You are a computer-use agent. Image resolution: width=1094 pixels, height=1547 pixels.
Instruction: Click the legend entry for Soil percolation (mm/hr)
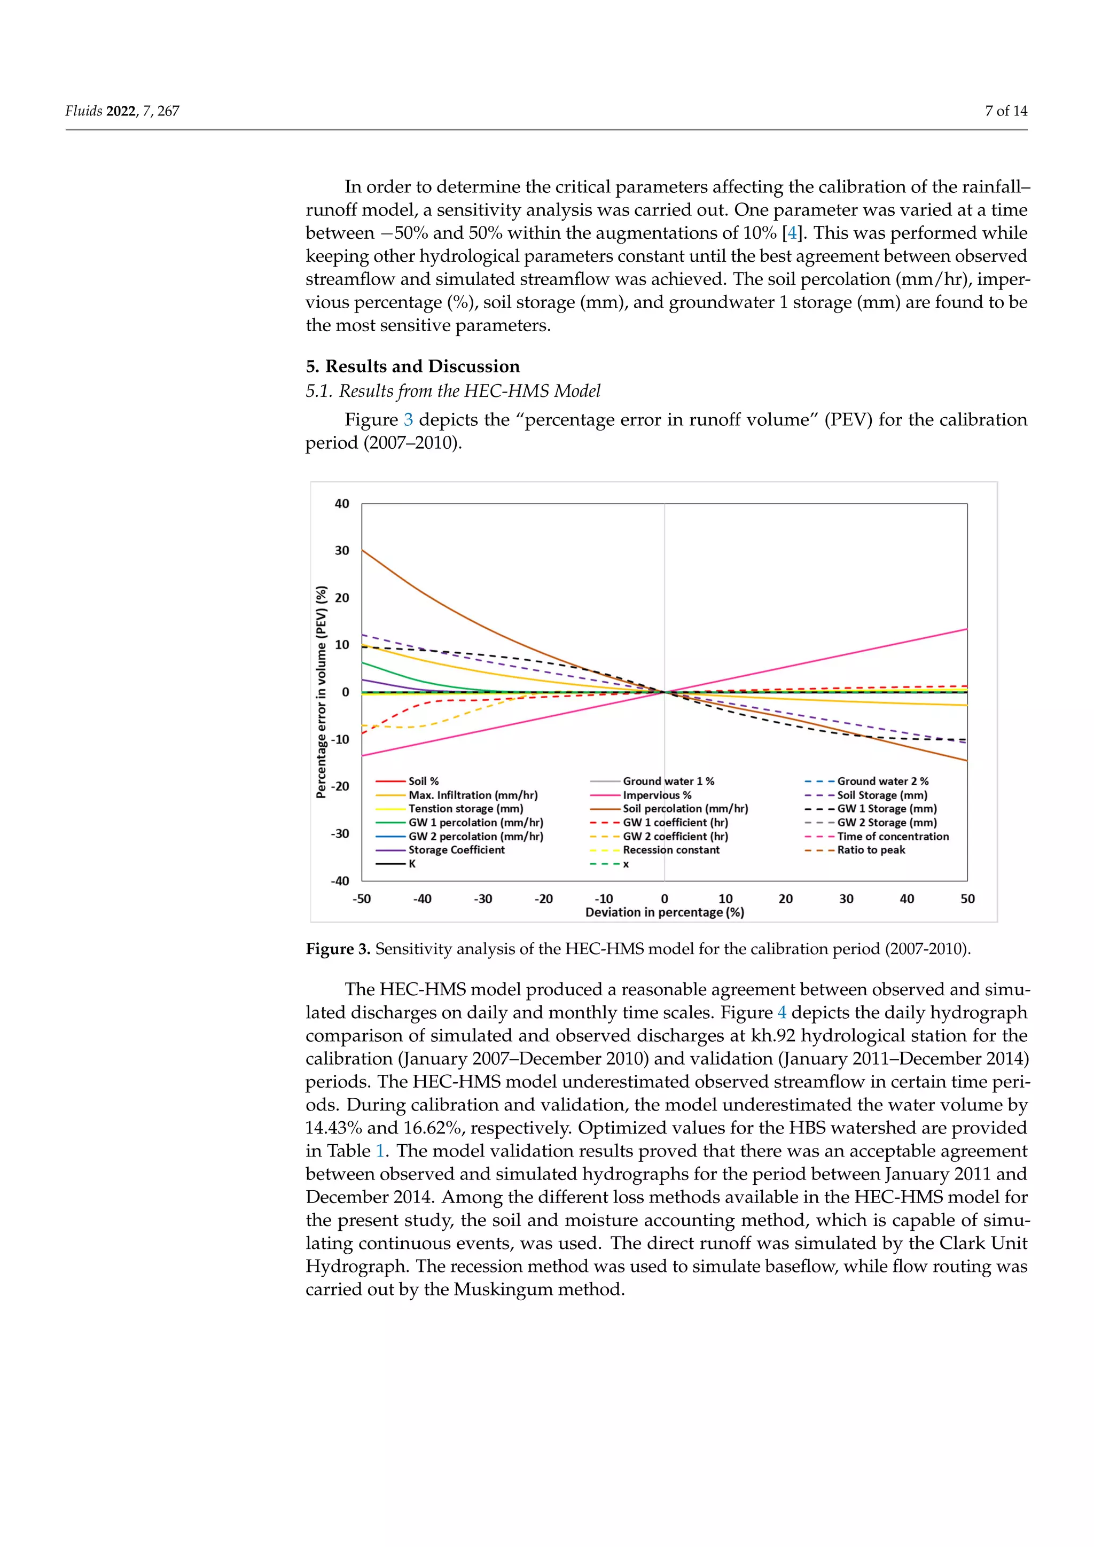click(x=684, y=809)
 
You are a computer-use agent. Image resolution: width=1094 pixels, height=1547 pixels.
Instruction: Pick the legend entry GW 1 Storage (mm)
click(x=886, y=809)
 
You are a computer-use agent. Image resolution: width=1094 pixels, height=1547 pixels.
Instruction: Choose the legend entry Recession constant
click(x=670, y=850)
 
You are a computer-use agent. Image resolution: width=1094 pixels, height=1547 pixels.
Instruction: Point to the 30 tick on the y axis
click(x=342, y=551)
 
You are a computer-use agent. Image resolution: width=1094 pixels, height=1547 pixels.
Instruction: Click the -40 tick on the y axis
click(x=340, y=881)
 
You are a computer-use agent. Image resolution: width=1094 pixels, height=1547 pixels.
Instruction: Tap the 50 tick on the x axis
click(x=967, y=899)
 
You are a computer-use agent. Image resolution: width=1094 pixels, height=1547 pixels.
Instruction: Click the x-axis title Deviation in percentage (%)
click(x=664, y=912)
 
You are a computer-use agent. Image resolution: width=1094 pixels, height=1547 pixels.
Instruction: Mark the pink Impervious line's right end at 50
click(x=967, y=629)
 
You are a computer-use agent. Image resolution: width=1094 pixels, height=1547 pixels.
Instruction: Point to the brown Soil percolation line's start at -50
click(x=362, y=551)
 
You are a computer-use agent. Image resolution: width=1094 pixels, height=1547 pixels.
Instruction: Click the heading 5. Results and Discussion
click(x=412, y=366)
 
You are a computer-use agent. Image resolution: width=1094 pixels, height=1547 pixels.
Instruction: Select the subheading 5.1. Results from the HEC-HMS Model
click(x=452, y=391)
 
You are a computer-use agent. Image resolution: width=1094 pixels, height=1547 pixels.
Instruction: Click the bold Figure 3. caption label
click(x=338, y=949)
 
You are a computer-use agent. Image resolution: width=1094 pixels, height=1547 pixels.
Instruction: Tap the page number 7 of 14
click(x=1006, y=111)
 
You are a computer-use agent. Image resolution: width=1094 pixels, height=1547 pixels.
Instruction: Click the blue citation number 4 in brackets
click(x=792, y=233)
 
